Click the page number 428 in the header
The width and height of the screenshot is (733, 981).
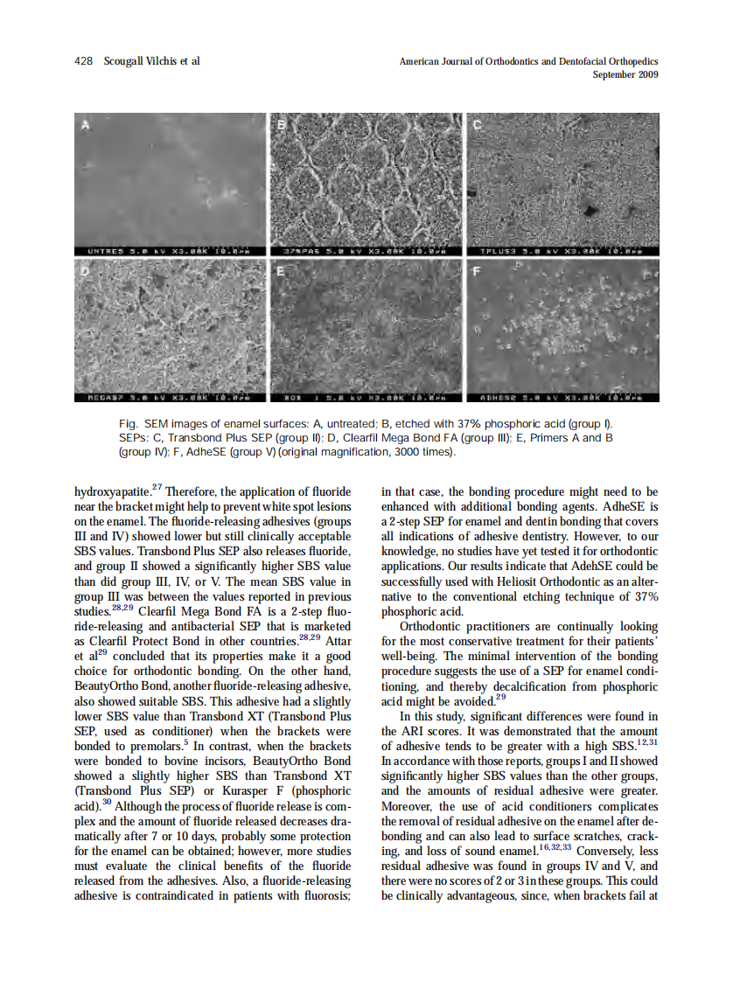pyautogui.click(x=84, y=61)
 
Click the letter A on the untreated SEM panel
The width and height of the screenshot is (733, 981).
pyautogui.click(x=85, y=125)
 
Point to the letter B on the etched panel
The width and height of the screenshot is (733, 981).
pyautogui.click(x=281, y=125)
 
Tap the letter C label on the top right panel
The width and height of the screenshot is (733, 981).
pyautogui.click(x=478, y=125)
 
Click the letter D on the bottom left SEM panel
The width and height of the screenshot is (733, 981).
pyautogui.click(x=85, y=271)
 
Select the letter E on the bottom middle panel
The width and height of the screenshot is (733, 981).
pyautogui.click(x=281, y=271)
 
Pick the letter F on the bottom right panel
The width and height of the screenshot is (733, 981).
pyautogui.click(x=478, y=271)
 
